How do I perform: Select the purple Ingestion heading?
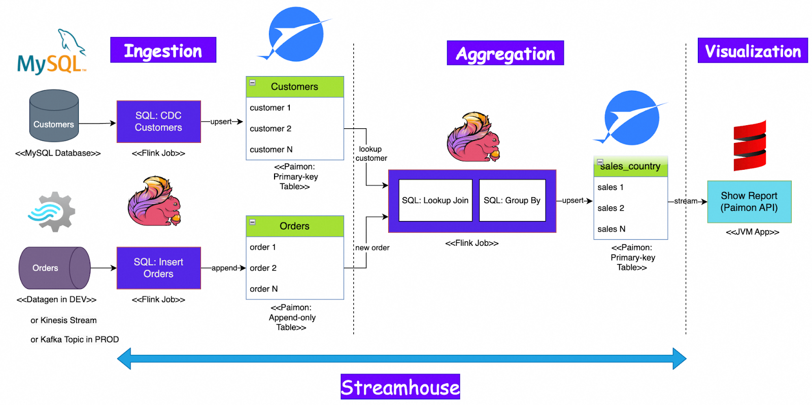click(163, 50)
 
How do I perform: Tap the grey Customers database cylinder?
click(54, 116)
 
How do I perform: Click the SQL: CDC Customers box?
click(158, 122)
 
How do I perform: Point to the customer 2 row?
click(294, 129)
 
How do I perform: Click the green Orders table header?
click(294, 226)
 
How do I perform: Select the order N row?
click(294, 289)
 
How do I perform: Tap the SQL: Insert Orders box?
click(158, 268)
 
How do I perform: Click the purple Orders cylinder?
click(54, 268)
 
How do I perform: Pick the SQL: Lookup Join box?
click(435, 201)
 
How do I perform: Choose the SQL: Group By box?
click(512, 201)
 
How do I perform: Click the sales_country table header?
click(630, 166)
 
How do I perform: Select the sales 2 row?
click(630, 208)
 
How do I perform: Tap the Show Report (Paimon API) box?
click(749, 202)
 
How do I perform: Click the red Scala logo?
click(750, 145)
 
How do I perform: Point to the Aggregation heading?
click(505, 53)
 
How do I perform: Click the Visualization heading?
click(753, 51)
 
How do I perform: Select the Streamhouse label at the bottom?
click(400, 387)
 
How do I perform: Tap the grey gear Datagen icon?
click(52, 212)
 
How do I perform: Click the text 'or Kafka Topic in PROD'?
click(75, 340)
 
